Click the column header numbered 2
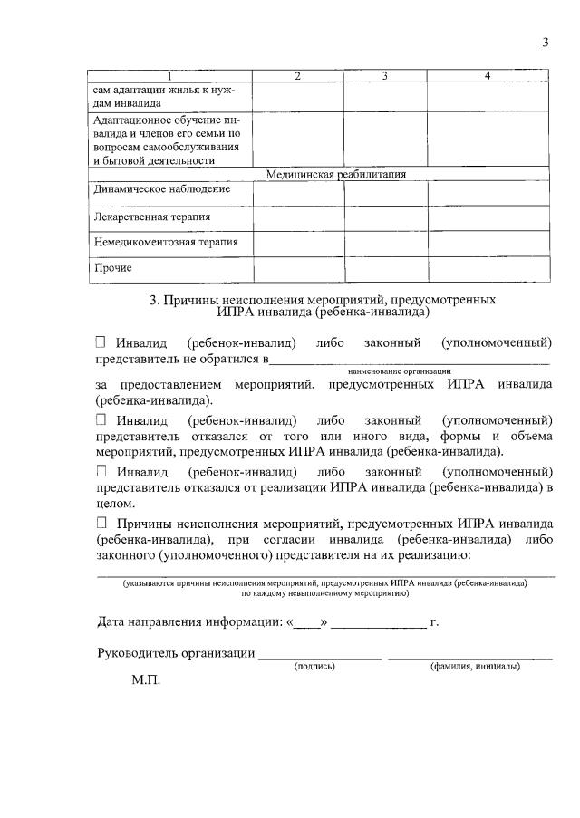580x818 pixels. (x=297, y=76)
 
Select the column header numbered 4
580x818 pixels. (x=488, y=76)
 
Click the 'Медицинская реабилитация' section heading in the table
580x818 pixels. (x=335, y=174)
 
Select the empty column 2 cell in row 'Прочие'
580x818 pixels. (x=298, y=269)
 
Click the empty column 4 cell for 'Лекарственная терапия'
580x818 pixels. (x=488, y=217)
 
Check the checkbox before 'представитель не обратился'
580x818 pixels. (x=101, y=342)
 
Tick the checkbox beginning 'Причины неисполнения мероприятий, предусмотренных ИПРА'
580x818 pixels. (x=101, y=523)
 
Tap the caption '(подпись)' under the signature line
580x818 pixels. (x=314, y=666)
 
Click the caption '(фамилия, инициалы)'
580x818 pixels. (x=475, y=666)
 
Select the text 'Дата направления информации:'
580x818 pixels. (x=188, y=622)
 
